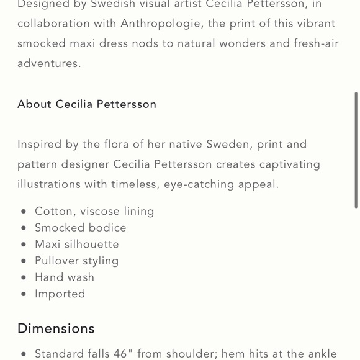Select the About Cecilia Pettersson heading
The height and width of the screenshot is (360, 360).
click(x=87, y=104)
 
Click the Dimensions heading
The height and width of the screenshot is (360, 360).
click(x=56, y=328)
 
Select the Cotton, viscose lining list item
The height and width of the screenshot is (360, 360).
click(x=94, y=211)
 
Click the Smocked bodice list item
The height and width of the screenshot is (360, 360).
click(x=81, y=228)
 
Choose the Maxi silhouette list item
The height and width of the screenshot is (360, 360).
click(x=77, y=245)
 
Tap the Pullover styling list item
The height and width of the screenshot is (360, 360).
click(x=77, y=261)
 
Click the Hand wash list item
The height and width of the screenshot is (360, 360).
click(x=65, y=277)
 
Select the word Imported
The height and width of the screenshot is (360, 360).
click(x=60, y=294)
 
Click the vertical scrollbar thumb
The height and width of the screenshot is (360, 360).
click(x=356, y=149)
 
